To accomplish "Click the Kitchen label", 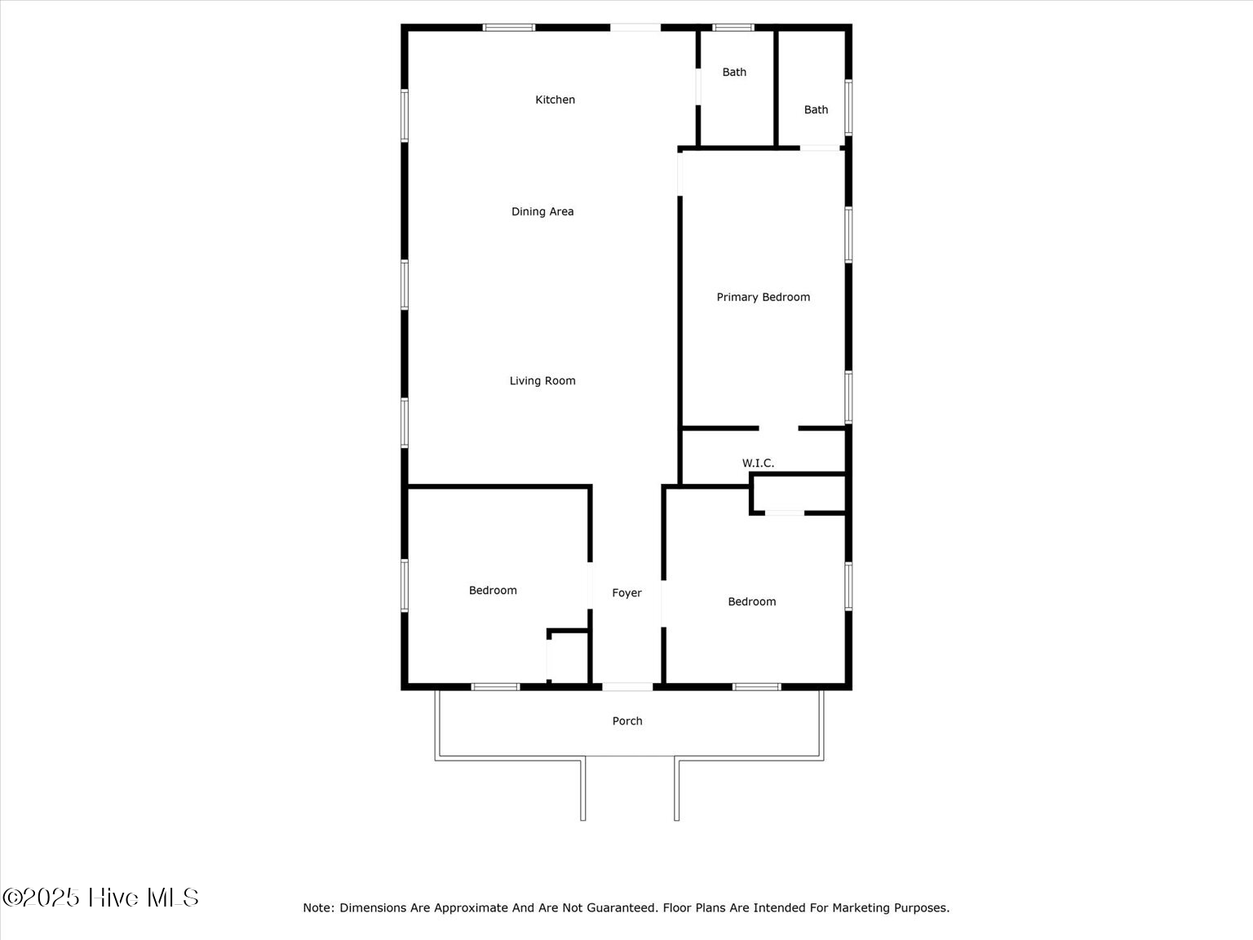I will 555,100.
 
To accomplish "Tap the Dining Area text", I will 542,211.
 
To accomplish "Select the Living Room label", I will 542,380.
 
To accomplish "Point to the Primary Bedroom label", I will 763,297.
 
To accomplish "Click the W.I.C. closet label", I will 758,463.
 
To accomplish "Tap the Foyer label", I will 626,593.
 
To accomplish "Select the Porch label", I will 627,721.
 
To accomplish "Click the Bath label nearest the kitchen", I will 734,72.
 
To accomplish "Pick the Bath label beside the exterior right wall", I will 816,109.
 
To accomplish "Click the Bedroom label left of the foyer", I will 493,590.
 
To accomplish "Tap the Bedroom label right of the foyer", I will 751,601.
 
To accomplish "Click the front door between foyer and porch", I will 627,687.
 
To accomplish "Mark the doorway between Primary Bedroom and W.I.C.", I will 778,428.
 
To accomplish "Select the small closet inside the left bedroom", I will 569,658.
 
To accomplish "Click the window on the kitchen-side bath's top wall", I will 733,28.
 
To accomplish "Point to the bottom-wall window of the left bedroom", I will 495,687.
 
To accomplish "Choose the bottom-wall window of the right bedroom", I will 756,687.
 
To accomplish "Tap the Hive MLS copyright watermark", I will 100,898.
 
